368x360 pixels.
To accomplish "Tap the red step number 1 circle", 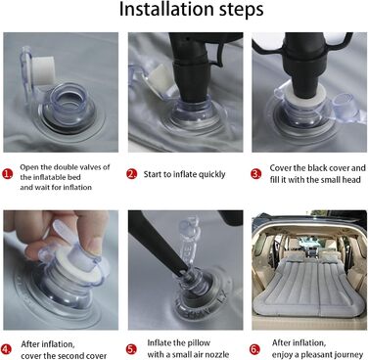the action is coord(7,174).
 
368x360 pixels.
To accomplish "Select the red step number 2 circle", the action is coord(131,174).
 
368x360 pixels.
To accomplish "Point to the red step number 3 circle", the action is coord(256,174).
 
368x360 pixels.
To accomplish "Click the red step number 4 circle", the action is coord(6,349).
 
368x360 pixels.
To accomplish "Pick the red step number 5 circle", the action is coord(131,349).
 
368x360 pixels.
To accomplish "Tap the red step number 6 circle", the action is coord(255,349).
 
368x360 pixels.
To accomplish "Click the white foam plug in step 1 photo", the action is coord(43,71).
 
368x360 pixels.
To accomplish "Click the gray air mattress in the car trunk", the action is coord(309,283).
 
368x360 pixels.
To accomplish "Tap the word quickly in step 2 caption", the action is coord(212,174).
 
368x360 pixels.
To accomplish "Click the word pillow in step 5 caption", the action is coord(199,343).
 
